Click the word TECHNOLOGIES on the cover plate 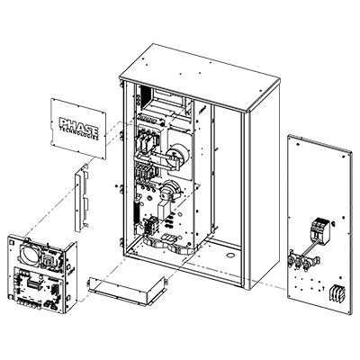coord(78,133)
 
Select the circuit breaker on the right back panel coord(320,230)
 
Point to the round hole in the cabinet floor coord(230,256)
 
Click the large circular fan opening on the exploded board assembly coord(30,253)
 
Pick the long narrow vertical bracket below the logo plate coord(81,199)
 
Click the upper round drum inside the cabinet coord(179,156)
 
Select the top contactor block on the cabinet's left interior coord(147,140)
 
